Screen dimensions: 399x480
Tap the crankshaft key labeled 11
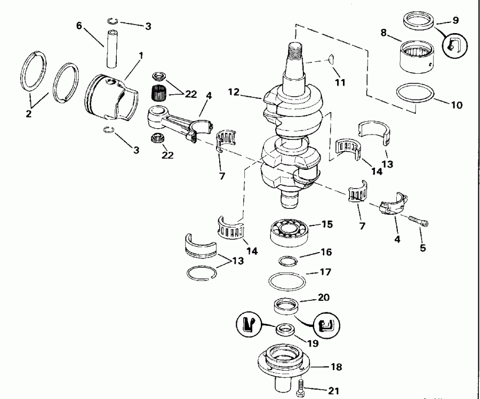coord(330,58)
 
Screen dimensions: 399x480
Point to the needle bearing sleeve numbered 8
coord(416,58)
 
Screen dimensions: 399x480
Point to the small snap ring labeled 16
coord(288,261)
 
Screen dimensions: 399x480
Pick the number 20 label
coord(323,298)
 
